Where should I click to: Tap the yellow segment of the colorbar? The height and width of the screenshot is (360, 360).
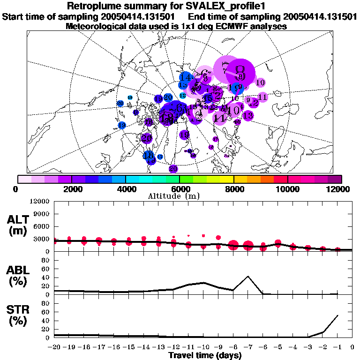point(227,179)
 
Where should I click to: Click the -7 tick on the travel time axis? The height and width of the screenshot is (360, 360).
point(248,347)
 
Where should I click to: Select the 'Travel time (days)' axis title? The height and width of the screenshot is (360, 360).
point(205,355)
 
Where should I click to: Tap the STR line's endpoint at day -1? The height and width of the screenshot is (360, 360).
point(337,315)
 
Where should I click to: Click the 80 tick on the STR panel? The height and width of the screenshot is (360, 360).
point(47,303)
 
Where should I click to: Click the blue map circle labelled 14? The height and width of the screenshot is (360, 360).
point(186,78)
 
